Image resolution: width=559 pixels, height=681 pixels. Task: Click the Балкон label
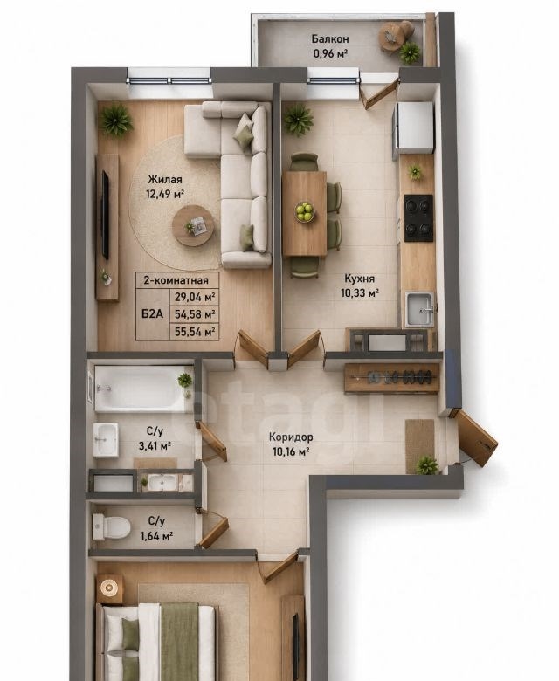(330, 39)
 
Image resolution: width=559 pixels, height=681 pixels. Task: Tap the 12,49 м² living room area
(164, 193)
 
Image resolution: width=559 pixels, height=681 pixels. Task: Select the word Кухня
(359, 279)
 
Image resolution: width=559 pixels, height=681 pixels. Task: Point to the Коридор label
(291, 437)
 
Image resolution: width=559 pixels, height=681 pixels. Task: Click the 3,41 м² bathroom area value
(155, 445)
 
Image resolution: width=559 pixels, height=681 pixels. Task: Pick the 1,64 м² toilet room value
(156, 536)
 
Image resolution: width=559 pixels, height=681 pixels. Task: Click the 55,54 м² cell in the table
(195, 333)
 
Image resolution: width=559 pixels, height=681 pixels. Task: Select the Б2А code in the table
(153, 313)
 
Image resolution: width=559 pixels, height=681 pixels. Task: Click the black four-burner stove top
(418, 218)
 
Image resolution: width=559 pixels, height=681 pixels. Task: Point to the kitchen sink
(419, 309)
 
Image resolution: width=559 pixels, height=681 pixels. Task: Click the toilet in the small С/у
(111, 527)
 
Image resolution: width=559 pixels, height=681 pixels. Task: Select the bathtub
(144, 389)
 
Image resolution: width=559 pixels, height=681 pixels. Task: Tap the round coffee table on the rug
(193, 226)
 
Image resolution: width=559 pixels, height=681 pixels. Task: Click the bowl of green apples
(305, 212)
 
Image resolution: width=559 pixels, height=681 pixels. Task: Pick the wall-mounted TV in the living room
(105, 216)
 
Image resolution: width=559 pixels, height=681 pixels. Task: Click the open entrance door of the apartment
(476, 437)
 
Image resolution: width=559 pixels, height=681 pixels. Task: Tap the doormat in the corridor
(420, 446)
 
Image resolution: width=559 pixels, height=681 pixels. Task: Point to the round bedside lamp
(108, 588)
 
